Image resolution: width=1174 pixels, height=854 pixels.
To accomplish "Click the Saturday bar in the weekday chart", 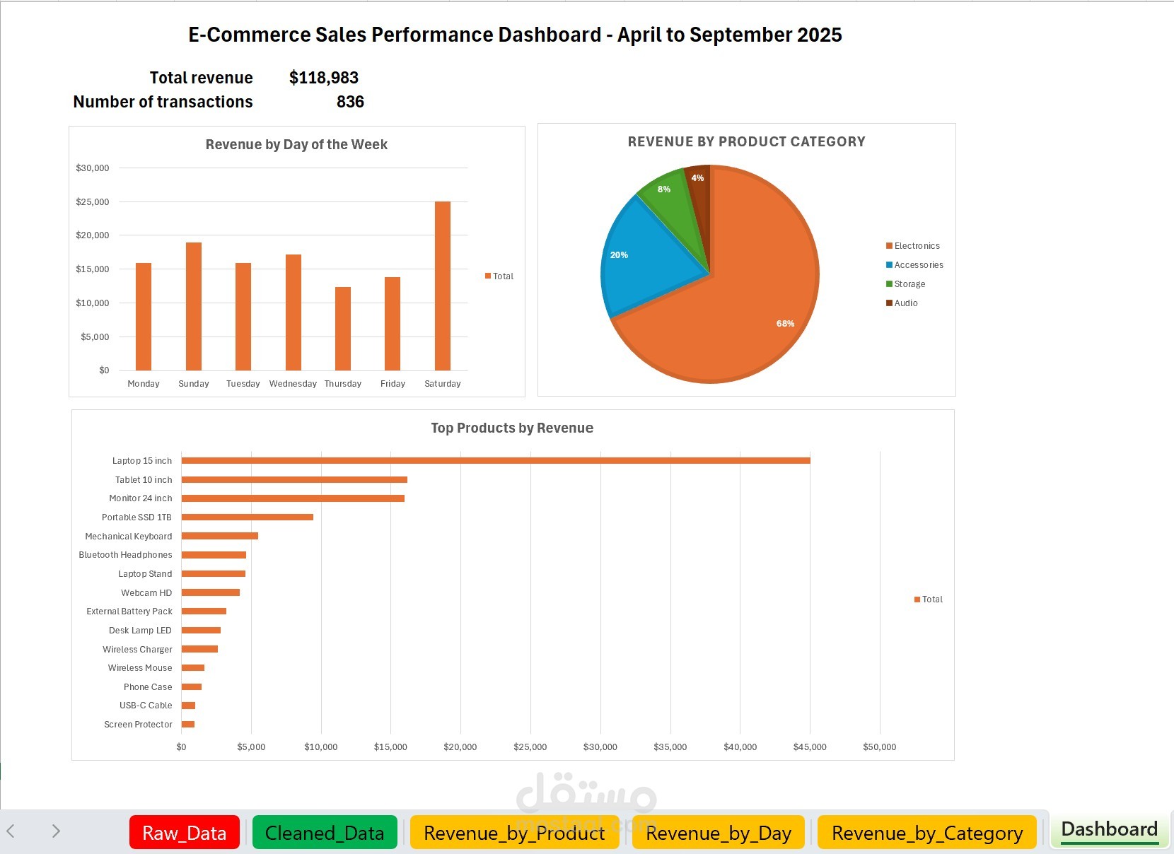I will pos(443,286).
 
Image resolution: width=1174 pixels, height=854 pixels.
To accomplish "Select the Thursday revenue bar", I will pos(343,329).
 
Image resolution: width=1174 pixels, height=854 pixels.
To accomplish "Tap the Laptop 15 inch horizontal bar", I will pos(495,461).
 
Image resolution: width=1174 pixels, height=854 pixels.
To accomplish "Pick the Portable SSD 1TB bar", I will pos(247,517).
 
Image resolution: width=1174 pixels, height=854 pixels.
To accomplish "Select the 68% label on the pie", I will pos(785,324).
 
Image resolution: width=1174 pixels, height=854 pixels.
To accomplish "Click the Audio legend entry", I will pos(905,303).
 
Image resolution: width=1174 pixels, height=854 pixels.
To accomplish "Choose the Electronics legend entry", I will pos(917,246).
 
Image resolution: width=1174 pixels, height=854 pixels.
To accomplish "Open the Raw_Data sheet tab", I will pos(184,833).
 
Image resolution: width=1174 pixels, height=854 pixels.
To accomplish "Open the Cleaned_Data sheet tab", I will pos(325,833).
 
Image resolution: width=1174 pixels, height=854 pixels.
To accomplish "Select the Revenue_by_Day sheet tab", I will pos(718,833).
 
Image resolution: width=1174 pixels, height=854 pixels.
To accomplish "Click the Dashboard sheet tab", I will pos(1109,829).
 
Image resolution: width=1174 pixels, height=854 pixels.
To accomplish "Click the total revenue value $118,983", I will pos(324,78).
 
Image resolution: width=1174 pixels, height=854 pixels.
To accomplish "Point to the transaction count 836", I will pos(350,102).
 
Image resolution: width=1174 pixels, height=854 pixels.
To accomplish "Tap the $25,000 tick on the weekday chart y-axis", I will pos(93,202).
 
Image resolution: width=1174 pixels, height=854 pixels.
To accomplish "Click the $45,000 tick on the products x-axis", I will pos(810,747).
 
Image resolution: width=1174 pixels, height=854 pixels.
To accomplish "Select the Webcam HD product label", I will pos(146,593).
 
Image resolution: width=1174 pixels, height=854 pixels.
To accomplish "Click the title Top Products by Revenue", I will pos(512,428).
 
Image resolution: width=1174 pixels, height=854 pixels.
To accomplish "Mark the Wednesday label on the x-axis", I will pos(293,384).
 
